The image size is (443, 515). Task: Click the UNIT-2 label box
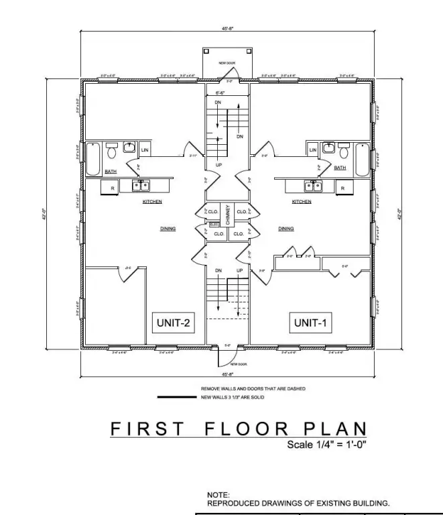click(x=174, y=323)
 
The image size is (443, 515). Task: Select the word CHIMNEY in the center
click(x=228, y=215)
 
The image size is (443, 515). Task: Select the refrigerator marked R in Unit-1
click(x=342, y=188)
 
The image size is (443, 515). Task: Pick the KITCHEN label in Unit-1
click(x=302, y=201)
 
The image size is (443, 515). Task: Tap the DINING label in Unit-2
click(x=168, y=229)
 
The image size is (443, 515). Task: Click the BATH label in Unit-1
click(x=340, y=168)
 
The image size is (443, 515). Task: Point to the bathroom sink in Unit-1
click(x=329, y=148)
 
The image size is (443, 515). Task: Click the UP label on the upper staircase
click(x=218, y=164)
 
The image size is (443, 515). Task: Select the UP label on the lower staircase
click(x=239, y=270)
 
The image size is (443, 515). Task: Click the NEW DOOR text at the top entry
click(x=227, y=63)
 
